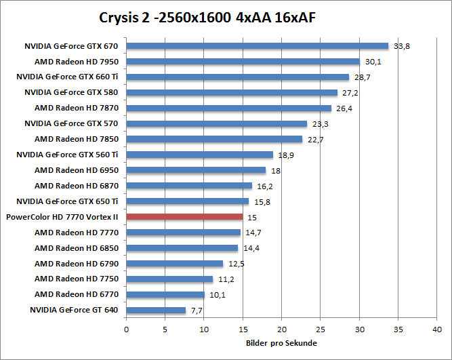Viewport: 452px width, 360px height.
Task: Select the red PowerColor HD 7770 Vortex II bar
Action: [184, 217]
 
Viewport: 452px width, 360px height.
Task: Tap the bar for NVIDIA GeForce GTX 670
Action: [258, 46]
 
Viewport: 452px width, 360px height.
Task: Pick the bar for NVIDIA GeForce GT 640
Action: [156, 311]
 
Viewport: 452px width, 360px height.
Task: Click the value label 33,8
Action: [401, 47]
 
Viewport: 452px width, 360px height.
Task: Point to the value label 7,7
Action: [197, 311]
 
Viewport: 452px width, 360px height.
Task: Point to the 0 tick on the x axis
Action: [126, 329]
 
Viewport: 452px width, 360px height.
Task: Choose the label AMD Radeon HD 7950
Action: [77, 62]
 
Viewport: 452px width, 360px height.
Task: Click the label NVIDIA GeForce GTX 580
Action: [71, 92]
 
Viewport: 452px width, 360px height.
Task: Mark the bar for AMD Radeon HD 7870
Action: [229, 108]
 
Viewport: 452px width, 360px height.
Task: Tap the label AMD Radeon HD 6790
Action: [77, 264]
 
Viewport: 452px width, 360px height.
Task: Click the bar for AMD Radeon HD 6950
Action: [196, 170]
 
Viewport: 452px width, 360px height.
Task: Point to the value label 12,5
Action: [234, 264]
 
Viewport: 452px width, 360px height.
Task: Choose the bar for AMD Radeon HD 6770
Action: [165, 295]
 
